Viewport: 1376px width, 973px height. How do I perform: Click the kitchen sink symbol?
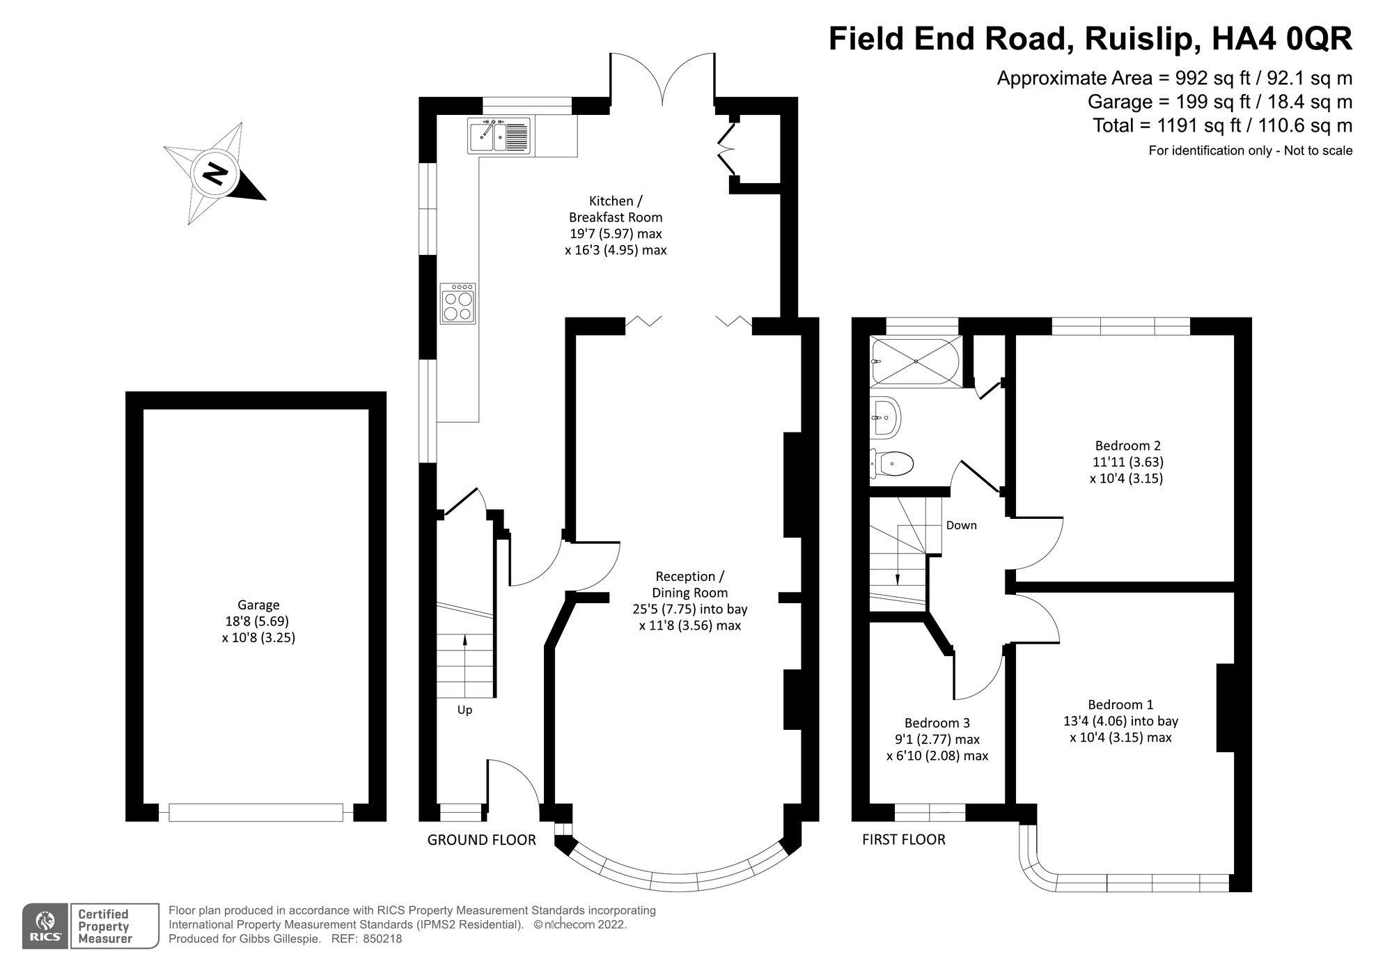[x=499, y=136]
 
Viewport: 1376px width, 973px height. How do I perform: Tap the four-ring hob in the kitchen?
[x=458, y=304]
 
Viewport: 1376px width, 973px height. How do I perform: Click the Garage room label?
[x=258, y=605]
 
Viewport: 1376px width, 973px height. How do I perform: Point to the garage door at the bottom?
[x=256, y=812]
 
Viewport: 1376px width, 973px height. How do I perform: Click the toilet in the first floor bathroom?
[x=892, y=463]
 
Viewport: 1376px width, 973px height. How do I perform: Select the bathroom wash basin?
[x=886, y=418]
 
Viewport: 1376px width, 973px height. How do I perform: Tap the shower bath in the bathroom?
[x=915, y=361]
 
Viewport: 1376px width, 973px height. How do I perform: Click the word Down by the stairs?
[x=961, y=525]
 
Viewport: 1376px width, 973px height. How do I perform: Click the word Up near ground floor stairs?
[x=464, y=710]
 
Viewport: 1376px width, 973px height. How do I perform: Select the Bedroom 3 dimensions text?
[x=937, y=748]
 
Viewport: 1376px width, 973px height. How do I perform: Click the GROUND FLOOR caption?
[x=481, y=840]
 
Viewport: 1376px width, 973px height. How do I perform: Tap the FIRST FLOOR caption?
[x=903, y=840]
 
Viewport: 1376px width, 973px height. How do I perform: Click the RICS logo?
[x=46, y=926]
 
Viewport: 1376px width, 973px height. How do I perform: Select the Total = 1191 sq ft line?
[x=1222, y=125]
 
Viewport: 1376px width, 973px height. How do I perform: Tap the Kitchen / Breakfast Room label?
[x=616, y=209]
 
